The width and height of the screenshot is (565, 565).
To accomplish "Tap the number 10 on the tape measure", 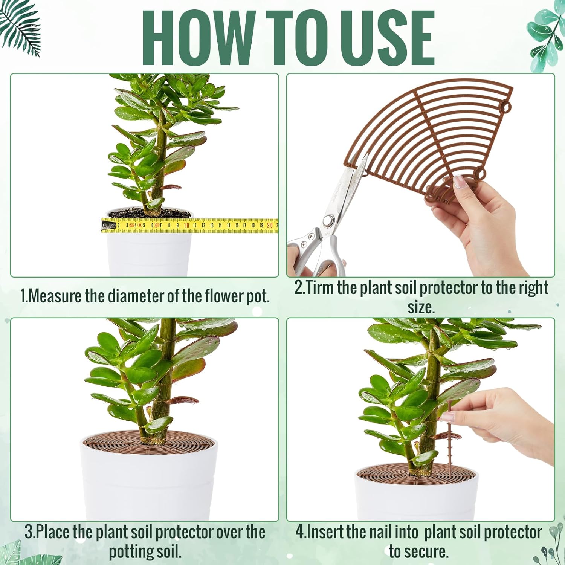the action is pyautogui.click(x=186, y=225).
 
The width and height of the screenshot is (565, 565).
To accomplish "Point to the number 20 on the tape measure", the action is pyautogui.click(x=269, y=225).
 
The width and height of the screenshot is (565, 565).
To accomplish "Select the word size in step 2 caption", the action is pyautogui.click(x=421, y=307).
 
